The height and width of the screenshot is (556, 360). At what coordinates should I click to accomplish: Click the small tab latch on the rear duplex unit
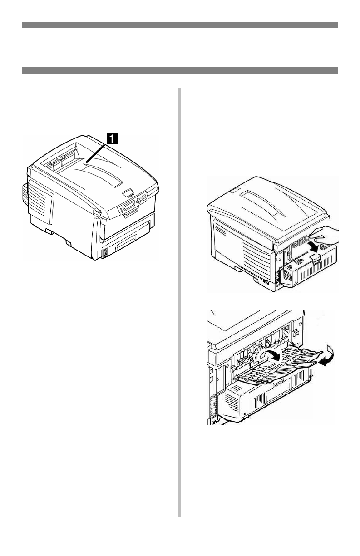pos(314,258)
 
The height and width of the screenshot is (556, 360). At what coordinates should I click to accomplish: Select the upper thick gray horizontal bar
pos(180,25)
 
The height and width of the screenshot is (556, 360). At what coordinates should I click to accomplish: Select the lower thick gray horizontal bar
pos(180,70)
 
